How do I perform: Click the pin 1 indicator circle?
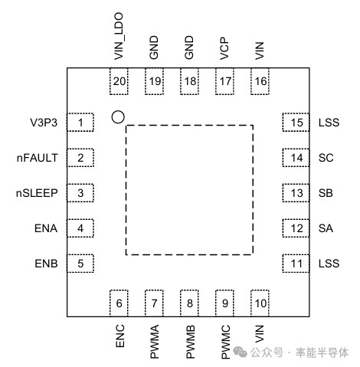coord(117,117)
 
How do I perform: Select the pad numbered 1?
coord(80,122)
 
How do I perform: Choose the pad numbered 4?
coord(80,228)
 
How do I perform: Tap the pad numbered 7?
coord(155,303)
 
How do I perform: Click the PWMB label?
coord(190,341)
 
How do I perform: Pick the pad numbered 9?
coord(225,303)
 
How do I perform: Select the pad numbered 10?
coord(260,303)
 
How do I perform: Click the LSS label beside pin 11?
coord(328,264)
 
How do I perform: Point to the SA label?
coord(325,228)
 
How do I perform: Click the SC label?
coord(325,158)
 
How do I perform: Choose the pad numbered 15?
coord(296,123)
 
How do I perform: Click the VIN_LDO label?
coord(119,37)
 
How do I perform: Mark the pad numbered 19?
coord(155,81)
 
